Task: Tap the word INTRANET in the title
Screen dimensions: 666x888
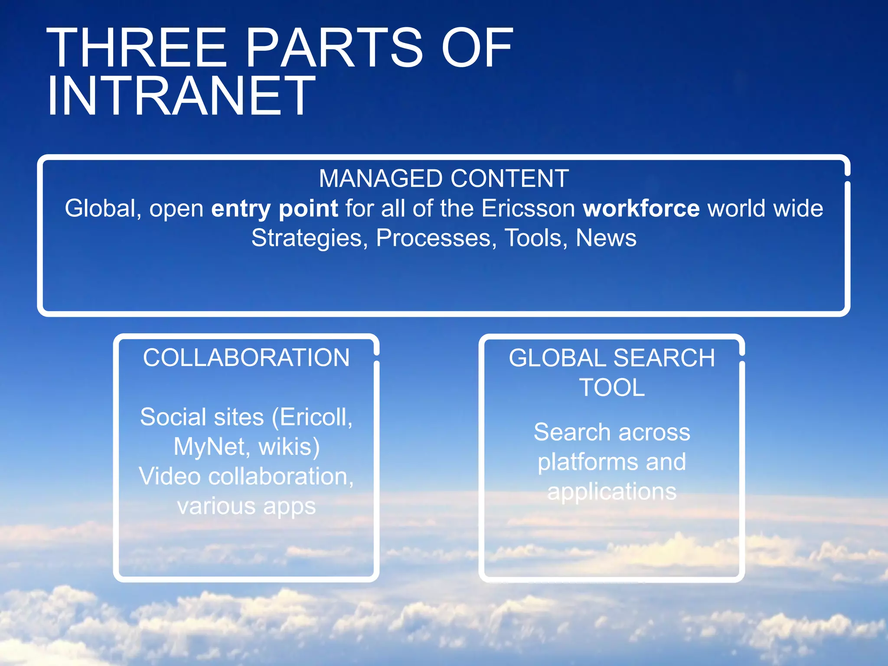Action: [x=181, y=96]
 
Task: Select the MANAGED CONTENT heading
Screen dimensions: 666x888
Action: [x=444, y=178]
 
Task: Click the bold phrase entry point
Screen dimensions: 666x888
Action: [x=274, y=209]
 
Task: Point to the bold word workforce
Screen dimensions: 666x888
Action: [x=641, y=209]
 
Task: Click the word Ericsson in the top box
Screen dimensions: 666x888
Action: [x=528, y=209]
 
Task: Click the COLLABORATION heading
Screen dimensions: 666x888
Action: [x=246, y=358]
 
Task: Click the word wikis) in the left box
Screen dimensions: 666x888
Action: [x=290, y=447]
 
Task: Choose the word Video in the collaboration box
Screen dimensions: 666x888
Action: [x=170, y=476]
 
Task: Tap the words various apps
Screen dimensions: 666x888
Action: [x=246, y=506]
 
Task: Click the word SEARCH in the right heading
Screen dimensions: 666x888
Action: [x=664, y=358]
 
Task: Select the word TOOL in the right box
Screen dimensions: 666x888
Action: [x=612, y=388]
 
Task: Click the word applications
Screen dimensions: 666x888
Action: [x=612, y=492]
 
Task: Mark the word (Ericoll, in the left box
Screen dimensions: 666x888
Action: [x=312, y=417]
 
